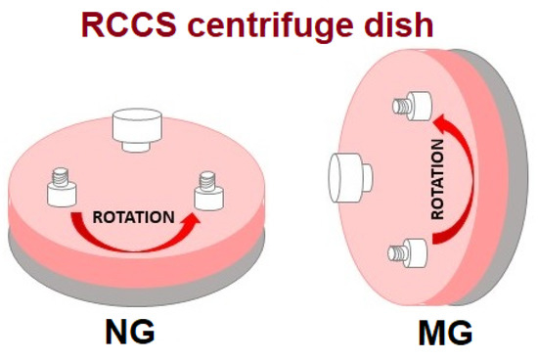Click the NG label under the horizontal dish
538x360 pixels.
[x=132, y=332]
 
